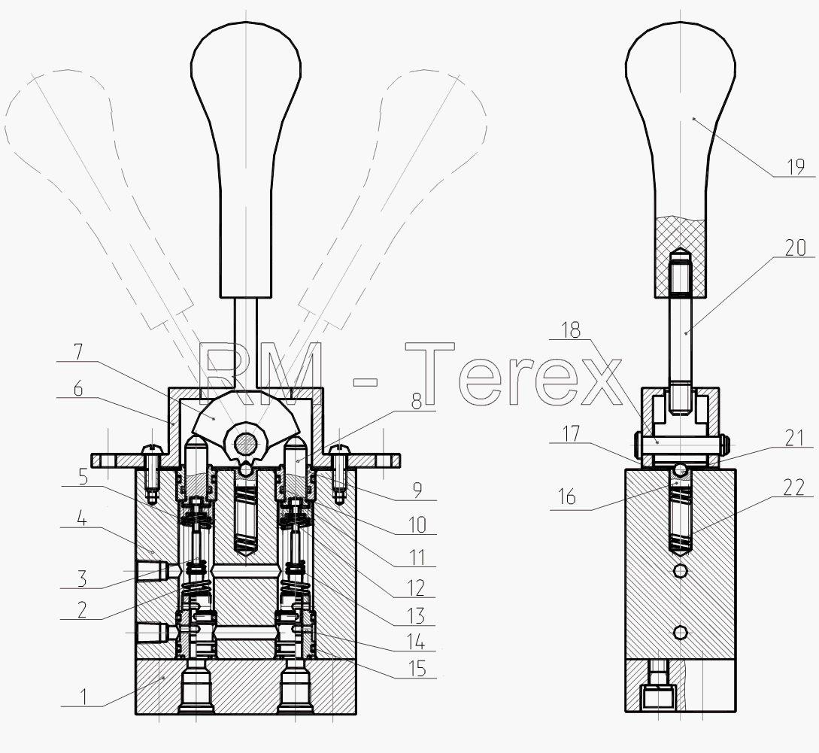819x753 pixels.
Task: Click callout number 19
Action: [796, 167]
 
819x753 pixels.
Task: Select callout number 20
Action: [796, 247]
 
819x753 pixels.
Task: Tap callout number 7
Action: [78, 352]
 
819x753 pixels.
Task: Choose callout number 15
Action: [417, 668]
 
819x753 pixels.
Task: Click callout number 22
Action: [794, 487]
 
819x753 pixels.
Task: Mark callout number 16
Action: [566, 496]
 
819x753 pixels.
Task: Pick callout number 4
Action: [81, 519]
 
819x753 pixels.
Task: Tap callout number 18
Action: [571, 329]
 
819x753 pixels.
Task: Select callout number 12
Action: [417, 588]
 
